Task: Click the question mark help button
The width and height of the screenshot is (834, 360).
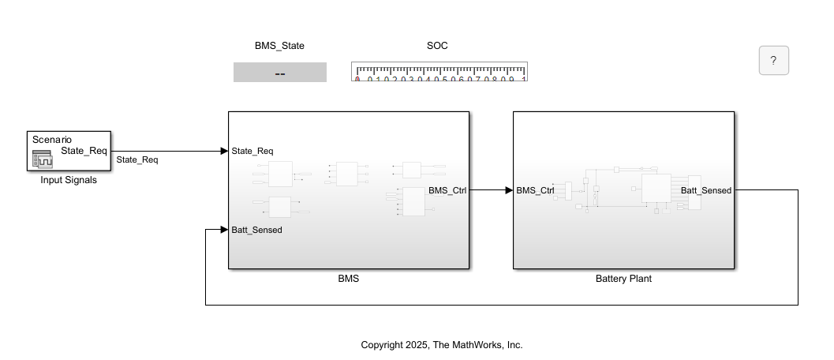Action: point(773,60)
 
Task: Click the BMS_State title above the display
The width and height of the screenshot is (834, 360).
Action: point(279,46)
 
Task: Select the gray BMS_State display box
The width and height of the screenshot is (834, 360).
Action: point(279,73)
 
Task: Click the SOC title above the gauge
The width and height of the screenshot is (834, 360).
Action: point(437,46)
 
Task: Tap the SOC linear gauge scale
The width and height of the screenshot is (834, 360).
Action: point(439,72)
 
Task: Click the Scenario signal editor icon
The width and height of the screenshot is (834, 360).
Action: point(41,159)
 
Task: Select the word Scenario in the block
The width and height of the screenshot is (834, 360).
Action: point(51,140)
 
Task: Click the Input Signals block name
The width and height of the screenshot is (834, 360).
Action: point(69,180)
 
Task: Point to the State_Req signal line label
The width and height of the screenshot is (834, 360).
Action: point(137,160)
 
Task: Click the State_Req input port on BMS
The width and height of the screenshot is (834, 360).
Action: point(252,151)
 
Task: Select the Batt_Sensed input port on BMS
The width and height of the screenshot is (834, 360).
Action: point(256,230)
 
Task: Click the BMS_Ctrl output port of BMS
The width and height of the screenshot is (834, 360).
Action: point(447,190)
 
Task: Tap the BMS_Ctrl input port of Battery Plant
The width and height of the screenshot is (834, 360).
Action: point(535,190)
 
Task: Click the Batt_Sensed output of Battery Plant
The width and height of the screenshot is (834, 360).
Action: point(705,190)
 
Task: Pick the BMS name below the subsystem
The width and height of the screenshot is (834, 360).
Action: point(348,279)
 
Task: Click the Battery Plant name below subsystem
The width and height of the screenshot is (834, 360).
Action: point(623,279)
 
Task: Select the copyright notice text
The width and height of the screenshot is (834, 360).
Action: point(442,345)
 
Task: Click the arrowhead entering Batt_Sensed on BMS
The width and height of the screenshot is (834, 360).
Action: point(223,230)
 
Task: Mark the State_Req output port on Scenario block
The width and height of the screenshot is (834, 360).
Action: point(84,151)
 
